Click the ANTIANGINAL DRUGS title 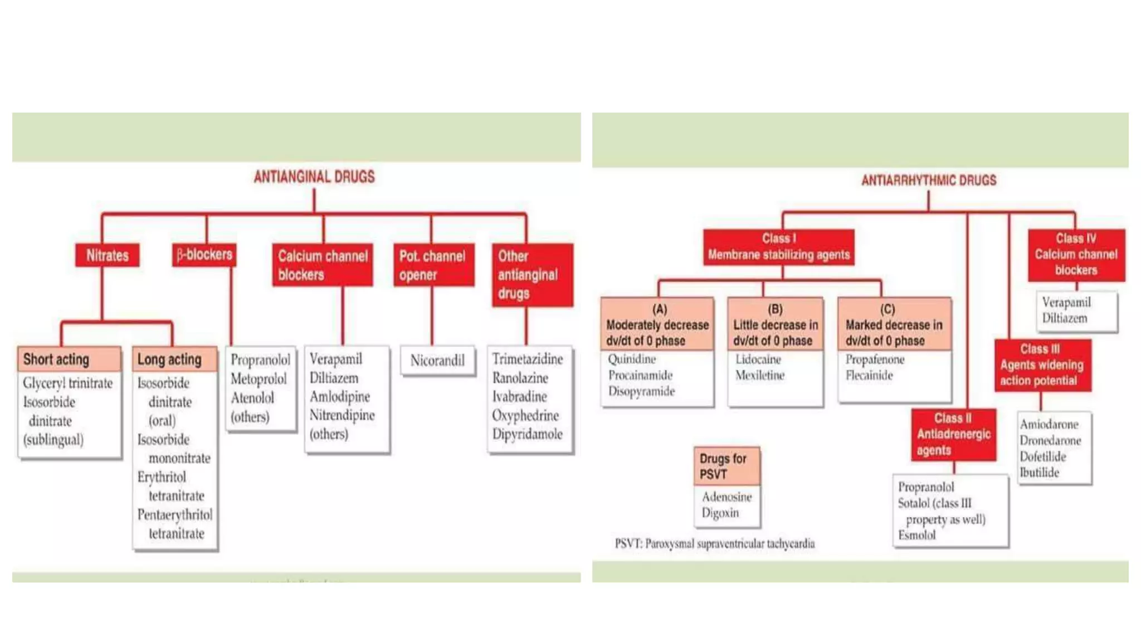pyautogui.click(x=314, y=177)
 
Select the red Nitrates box pyautogui.click(x=107, y=255)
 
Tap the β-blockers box pyautogui.click(x=204, y=255)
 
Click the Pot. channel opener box pyautogui.click(x=433, y=265)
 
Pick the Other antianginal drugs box pyautogui.click(x=532, y=275)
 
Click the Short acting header pyautogui.click(x=69, y=359)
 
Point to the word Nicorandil pyautogui.click(x=437, y=361)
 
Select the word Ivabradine pyautogui.click(x=519, y=396)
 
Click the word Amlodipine pyautogui.click(x=339, y=396)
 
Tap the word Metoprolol pyautogui.click(x=259, y=379)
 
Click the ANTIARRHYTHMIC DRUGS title pyautogui.click(x=928, y=180)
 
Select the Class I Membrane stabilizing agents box pyautogui.click(x=778, y=247)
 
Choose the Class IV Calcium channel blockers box pyautogui.click(x=1076, y=255)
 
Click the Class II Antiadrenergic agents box pyautogui.click(x=953, y=434)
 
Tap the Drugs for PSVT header pyautogui.click(x=726, y=466)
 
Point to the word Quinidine pyautogui.click(x=632, y=359)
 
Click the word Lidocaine pyautogui.click(x=758, y=359)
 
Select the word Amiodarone pyautogui.click(x=1049, y=424)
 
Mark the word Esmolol pyautogui.click(x=916, y=535)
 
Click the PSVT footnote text pyautogui.click(x=714, y=543)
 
